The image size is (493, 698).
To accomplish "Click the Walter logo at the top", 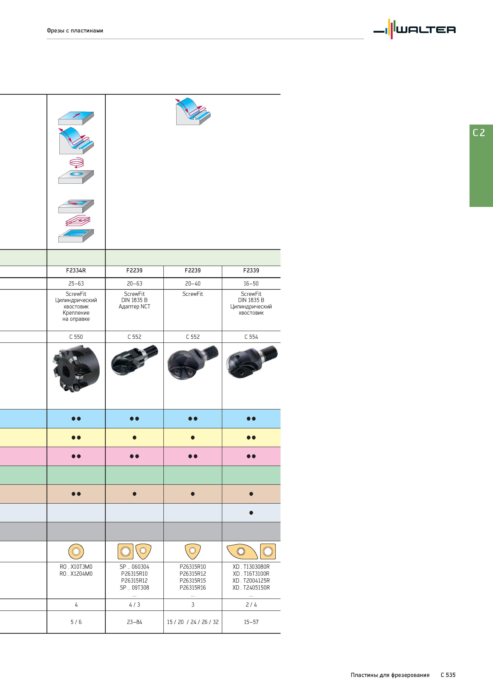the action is click(414, 29).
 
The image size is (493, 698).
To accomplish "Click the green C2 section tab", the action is click(481, 166).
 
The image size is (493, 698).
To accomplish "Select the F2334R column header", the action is click(76, 270).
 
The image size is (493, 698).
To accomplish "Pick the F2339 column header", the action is click(251, 270).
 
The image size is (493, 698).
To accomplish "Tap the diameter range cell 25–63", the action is click(76, 283).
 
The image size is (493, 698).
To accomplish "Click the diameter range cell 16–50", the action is click(251, 283).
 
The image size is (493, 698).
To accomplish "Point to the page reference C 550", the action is click(76, 337).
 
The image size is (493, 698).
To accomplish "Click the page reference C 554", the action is click(251, 337).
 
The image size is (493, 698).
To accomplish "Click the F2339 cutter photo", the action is click(252, 362).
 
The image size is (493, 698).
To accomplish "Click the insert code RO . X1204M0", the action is click(76, 574).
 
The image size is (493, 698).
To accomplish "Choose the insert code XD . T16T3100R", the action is click(251, 574).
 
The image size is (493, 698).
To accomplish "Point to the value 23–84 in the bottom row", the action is click(135, 622).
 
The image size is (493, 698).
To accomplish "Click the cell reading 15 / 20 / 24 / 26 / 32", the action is click(193, 622).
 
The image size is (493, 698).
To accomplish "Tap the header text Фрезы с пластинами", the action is click(75, 30).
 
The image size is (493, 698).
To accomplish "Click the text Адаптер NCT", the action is click(135, 306).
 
